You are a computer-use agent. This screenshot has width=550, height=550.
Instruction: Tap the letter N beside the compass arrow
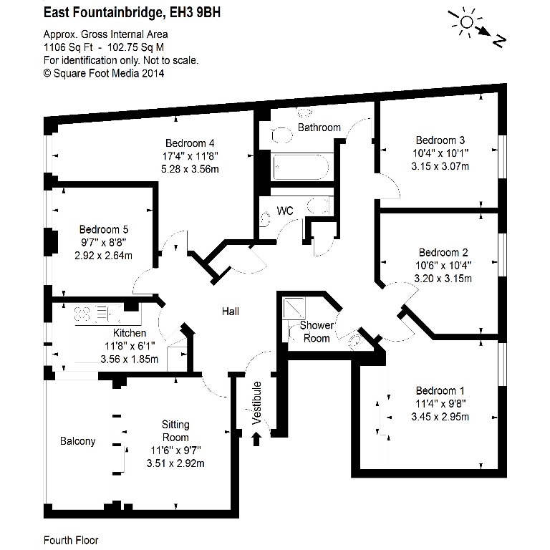point(499,42)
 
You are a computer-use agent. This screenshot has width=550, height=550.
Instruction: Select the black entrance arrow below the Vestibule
point(256,439)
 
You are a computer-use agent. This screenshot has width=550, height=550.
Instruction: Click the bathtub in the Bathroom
point(301,167)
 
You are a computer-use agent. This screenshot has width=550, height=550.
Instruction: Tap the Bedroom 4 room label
point(190,143)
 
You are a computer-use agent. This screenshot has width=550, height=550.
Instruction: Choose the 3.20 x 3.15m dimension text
point(443,279)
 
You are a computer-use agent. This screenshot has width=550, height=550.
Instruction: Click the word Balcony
point(78,441)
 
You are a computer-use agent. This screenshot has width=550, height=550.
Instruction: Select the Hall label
point(231,311)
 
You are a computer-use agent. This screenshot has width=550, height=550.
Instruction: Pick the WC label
point(285,211)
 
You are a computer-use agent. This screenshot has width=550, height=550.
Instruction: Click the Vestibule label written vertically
point(257,403)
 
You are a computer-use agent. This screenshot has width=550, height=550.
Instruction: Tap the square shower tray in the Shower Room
point(294,309)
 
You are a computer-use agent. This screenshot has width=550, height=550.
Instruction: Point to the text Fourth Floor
point(71,540)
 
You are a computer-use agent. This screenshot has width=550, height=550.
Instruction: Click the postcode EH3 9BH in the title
point(195,13)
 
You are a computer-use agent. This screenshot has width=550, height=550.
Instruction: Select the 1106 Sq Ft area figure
point(68,47)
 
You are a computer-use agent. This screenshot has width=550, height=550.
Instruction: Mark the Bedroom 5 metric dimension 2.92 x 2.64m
point(103,256)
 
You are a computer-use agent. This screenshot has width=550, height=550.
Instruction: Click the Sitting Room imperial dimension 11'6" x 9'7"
point(175,450)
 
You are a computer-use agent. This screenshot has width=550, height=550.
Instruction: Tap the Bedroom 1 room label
point(440,390)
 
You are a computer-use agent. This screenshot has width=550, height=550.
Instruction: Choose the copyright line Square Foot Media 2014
point(104,73)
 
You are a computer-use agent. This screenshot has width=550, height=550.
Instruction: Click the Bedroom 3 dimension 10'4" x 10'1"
point(440,153)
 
